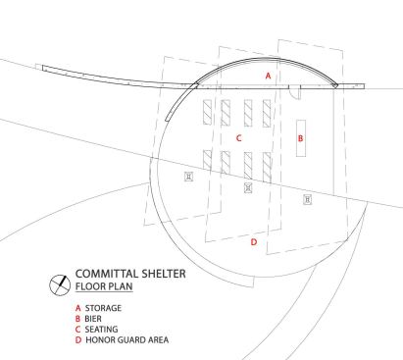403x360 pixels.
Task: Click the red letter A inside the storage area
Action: tap(268, 76)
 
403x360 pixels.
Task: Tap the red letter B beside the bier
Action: tap(301, 138)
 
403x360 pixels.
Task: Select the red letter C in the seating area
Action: tap(238, 138)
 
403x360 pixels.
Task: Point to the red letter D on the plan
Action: tap(254, 241)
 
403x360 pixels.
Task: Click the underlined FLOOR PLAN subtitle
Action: tap(104, 288)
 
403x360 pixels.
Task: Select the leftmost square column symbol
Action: tap(189, 177)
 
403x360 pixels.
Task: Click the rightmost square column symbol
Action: tap(308, 198)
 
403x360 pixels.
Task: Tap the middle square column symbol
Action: tap(248, 187)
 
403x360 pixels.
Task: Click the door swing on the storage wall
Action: tap(294, 92)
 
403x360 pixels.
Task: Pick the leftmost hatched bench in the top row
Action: tap(206, 110)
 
